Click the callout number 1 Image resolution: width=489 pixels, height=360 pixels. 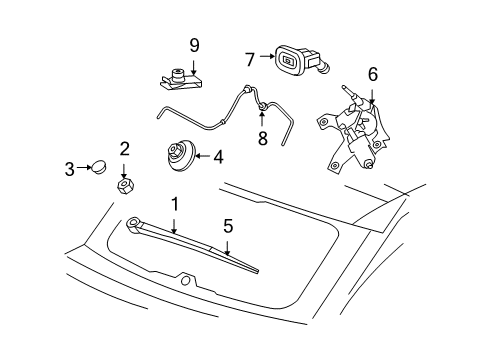click(x=174, y=204)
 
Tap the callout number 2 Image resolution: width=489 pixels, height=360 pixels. click(x=124, y=149)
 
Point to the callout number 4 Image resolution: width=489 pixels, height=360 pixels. click(x=217, y=155)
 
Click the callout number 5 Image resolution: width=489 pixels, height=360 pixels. click(x=228, y=226)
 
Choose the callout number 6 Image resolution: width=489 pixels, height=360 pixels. click(x=372, y=73)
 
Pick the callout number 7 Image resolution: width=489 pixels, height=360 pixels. click(x=250, y=60)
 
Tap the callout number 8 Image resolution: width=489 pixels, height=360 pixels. click(x=262, y=139)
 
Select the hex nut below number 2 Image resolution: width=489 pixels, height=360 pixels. click(x=126, y=185)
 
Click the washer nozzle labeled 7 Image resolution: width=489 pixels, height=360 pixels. click(x=300, y=62)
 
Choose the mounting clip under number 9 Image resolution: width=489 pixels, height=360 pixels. click(x=181, y=76)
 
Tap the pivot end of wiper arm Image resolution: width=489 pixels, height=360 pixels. click(x=135, y=224)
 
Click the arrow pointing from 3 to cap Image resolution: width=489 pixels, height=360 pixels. click(x=84, y=169)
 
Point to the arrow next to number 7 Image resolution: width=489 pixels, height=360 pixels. click(x=266, y=60)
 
